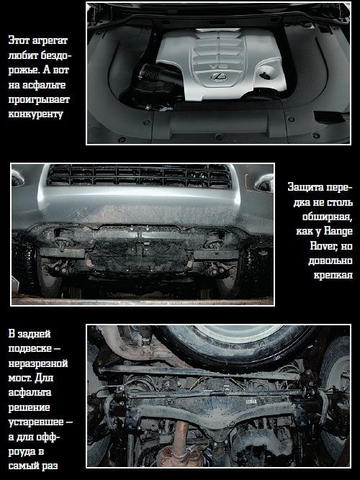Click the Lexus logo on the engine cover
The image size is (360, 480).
(x=219, y=78)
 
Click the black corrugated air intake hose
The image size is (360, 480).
(x=153, y=74)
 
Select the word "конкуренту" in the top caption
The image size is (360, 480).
(x=35, y=114)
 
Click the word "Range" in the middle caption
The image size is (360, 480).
(x=338, y=232)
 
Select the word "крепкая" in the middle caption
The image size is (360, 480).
(x=333, y=275)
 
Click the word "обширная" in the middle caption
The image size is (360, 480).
(x=327, y=217)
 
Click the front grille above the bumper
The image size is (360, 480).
(x=140, y=176)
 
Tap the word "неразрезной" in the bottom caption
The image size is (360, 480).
(x=38, y=363)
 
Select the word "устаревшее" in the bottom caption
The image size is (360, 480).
(x=35, y=422)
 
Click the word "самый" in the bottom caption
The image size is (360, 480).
(x=22, y=466)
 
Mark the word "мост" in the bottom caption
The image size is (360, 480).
(x=19, y=378)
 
